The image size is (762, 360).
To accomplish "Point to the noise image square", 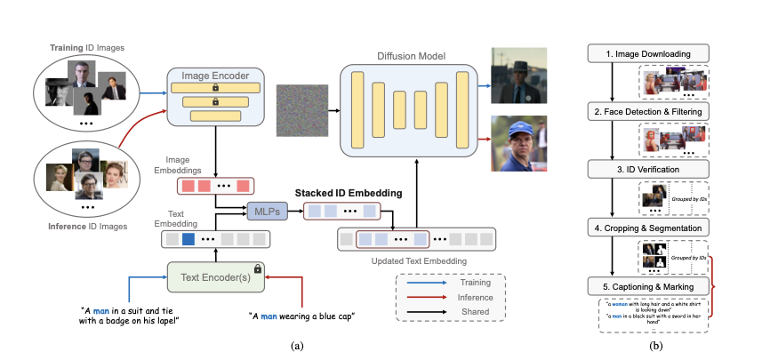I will point(302,111).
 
